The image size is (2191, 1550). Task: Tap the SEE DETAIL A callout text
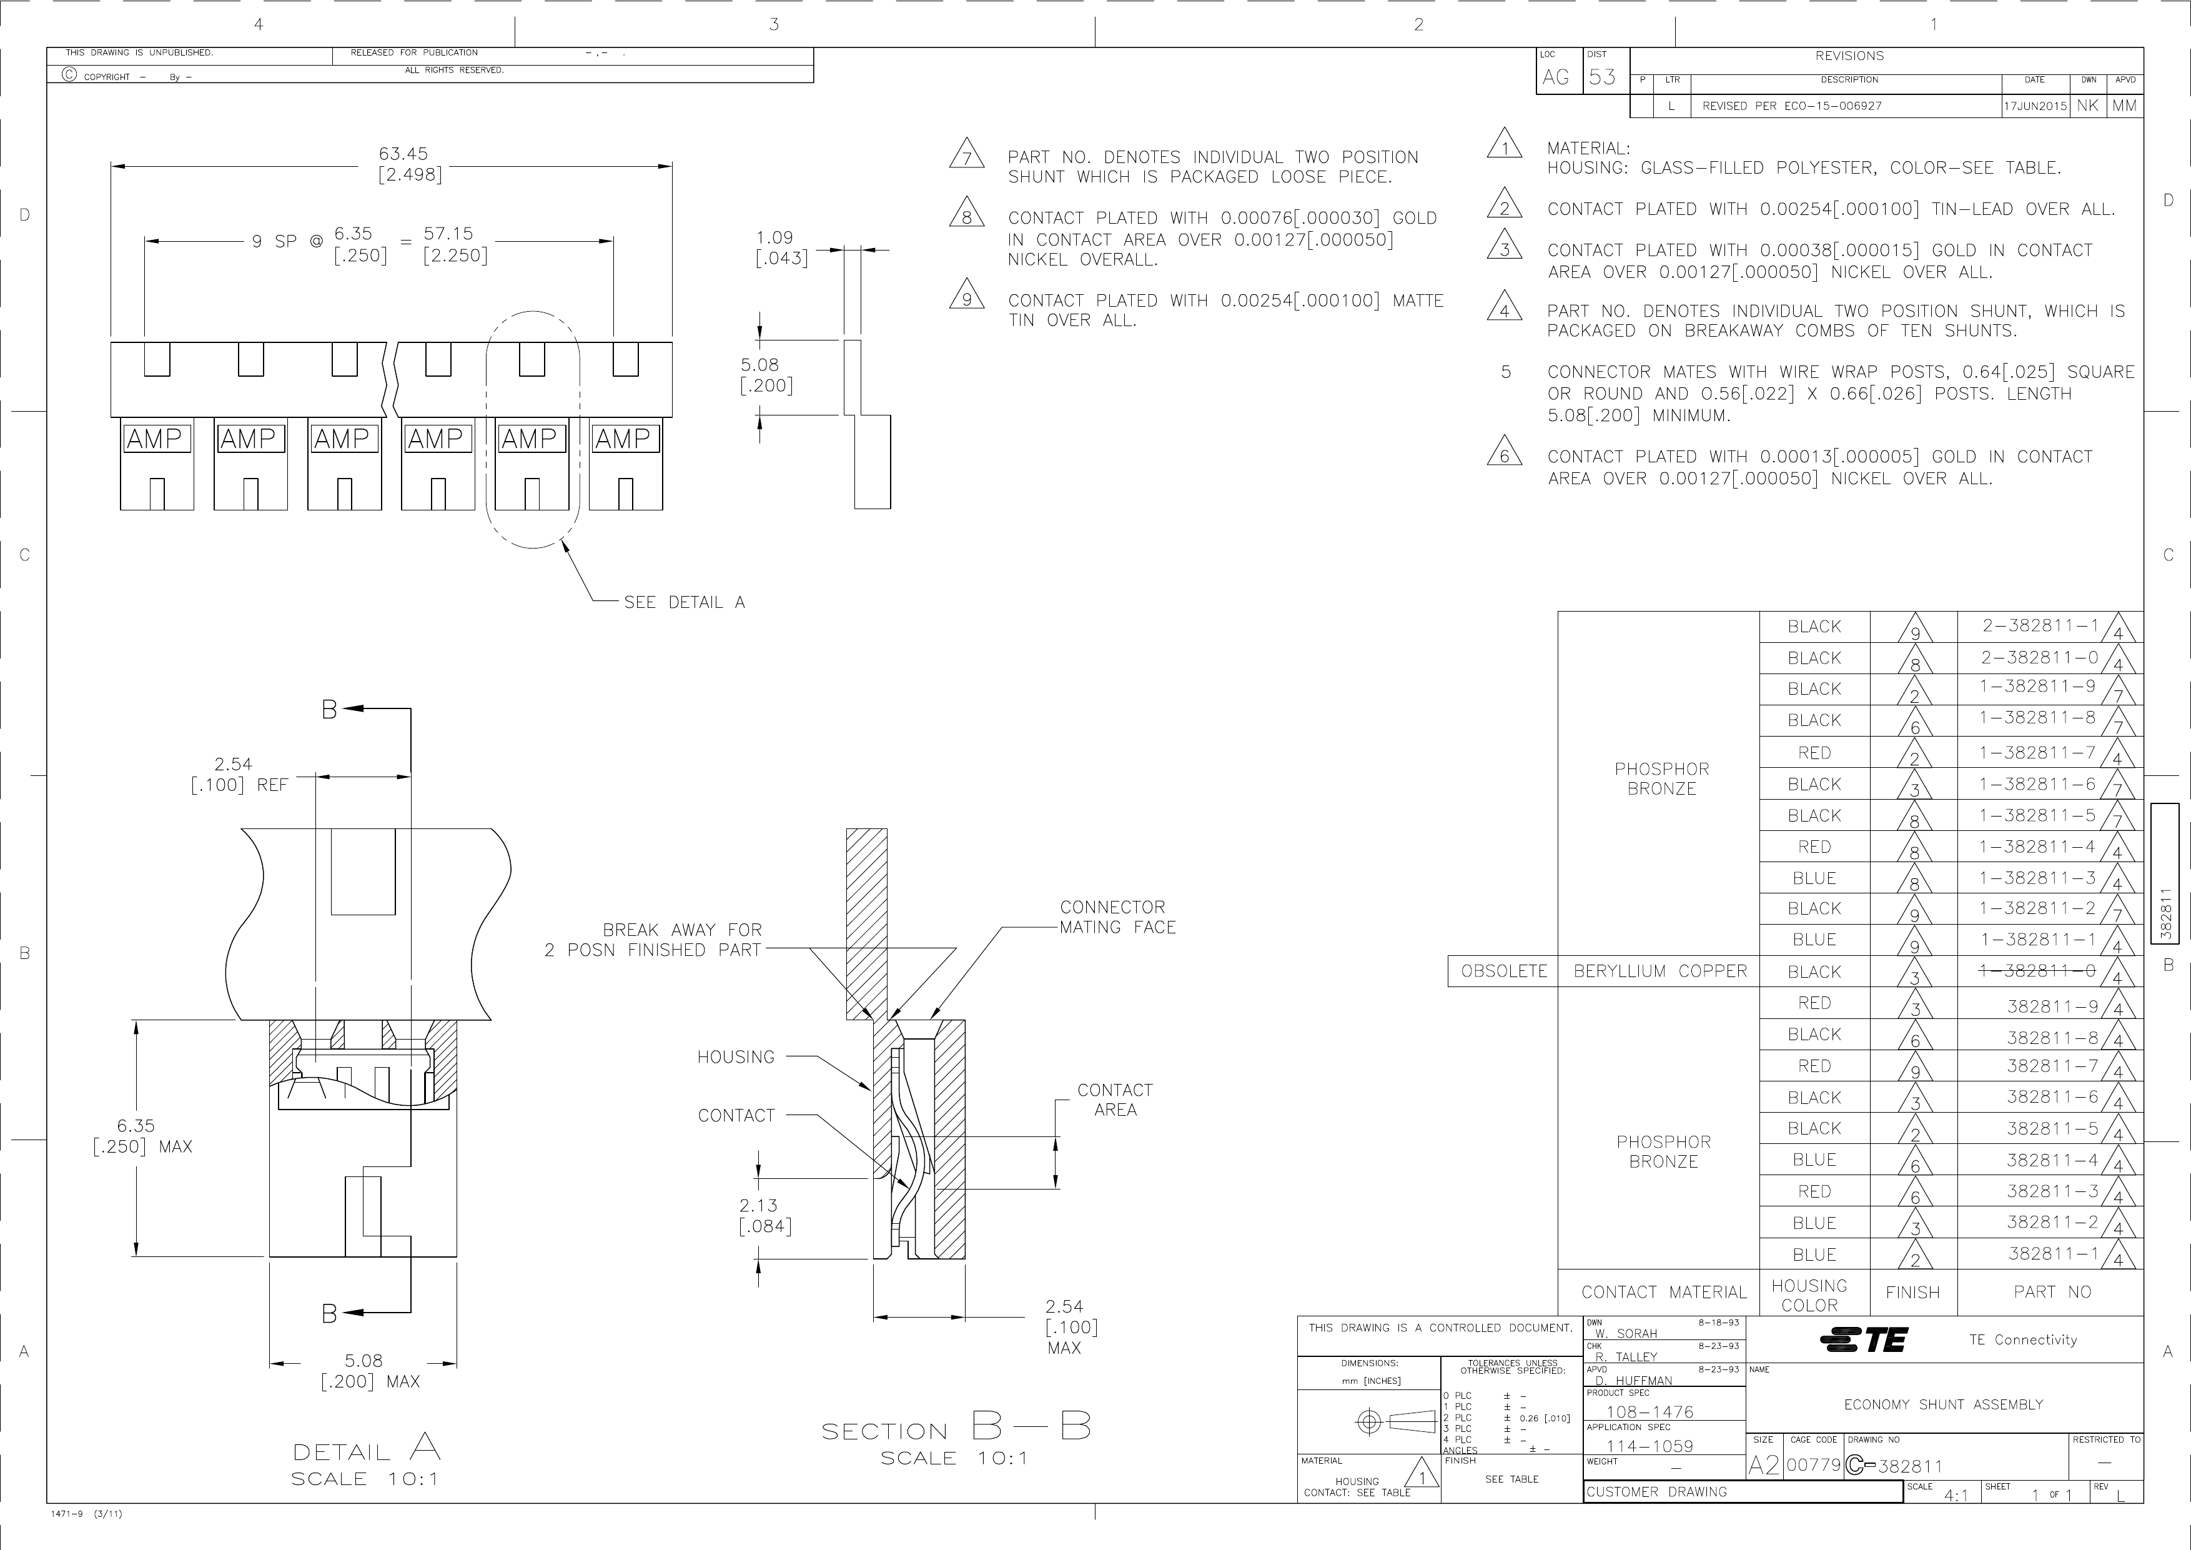684,602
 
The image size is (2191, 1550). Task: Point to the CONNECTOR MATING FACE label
1117,917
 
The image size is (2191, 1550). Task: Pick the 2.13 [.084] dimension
765,1216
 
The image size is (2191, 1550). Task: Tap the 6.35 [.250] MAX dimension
142,1136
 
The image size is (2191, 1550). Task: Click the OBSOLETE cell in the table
1504,971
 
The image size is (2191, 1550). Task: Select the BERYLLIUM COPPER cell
1661,971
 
